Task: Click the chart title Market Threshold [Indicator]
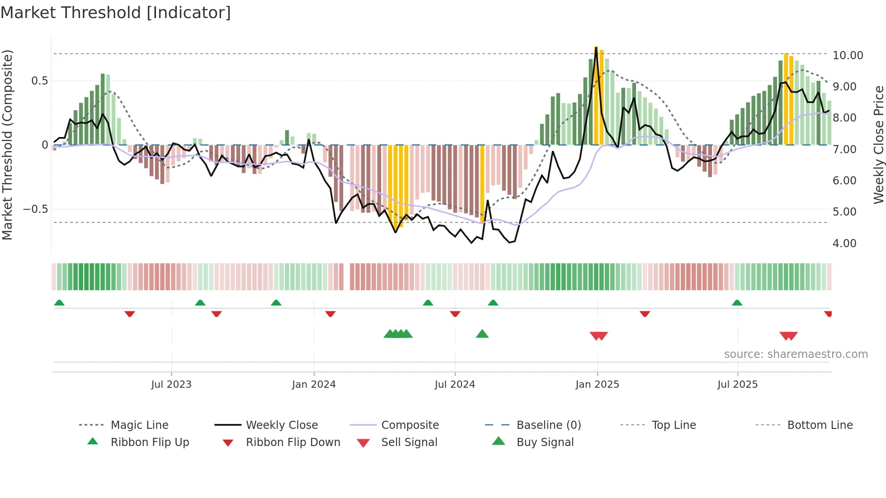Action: [116, 13]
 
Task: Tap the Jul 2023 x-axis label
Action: [171, 384]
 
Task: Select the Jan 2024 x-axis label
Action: [314, 384]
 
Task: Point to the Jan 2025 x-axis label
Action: [597, 384]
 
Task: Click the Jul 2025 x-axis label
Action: [737, 384]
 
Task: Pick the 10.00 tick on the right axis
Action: [848, 55]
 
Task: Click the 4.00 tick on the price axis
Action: [844, 243]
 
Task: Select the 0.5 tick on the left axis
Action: [39, 81]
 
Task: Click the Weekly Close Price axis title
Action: [878, 145]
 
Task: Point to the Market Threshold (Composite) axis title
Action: [7, 145]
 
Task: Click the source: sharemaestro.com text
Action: [796, 354]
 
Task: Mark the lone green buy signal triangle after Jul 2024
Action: [482, 334]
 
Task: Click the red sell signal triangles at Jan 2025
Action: [599, 336]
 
